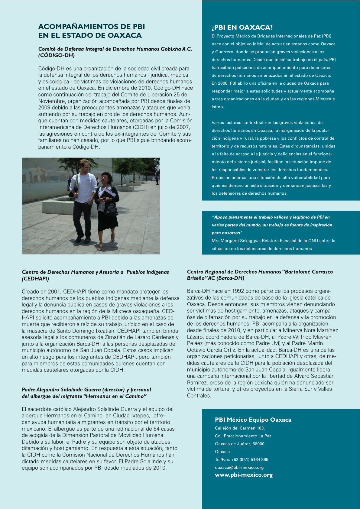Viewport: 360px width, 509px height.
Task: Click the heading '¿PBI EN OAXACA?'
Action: (x=242, y=28)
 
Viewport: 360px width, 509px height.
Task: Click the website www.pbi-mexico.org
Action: (x=244, y=475)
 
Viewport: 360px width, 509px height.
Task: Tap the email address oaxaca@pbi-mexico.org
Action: (x=239, y=467)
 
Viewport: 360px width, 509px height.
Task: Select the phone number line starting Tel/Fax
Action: (x=242, y=459)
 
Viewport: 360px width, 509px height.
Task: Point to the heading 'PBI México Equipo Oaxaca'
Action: (x=253, y=420)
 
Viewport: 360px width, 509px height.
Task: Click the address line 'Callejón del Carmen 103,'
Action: (x=240, y=428)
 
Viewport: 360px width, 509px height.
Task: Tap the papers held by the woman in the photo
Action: (x=108, y=193)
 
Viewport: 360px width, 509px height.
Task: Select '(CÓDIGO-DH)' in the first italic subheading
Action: (x=57, y=55)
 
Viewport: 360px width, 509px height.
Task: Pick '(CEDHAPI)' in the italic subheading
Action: (x=35, y=279)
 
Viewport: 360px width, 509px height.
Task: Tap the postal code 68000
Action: (x=258, y=444)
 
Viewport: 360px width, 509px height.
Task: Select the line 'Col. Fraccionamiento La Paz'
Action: (x=243, y=436)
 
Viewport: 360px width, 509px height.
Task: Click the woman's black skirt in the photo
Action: (x=108, y=222)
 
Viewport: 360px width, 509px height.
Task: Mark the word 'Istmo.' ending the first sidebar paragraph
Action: (x=218, y=107)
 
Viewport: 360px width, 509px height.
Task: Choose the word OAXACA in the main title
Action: (x=125, y=35)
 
